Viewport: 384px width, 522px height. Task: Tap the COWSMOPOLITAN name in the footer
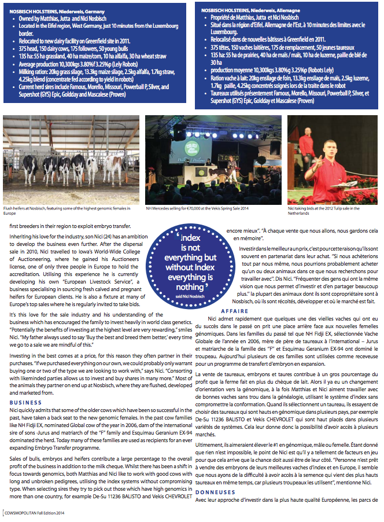point(23,512)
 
